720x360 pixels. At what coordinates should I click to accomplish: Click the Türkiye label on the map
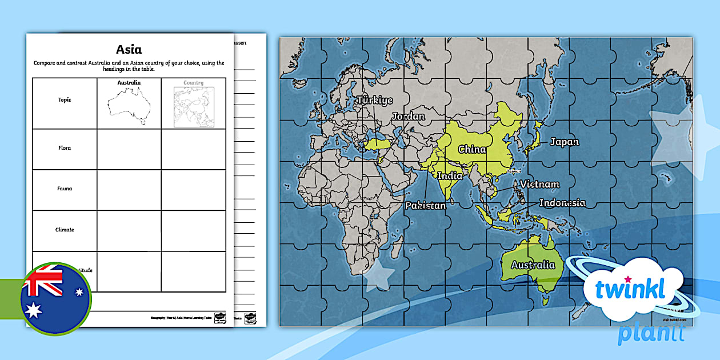pyautogui.click(x=375, y=101)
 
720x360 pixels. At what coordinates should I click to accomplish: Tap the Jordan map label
pyautogui.click(x=408, y=117)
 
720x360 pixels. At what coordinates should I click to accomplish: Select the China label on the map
pyautogui.click(x=472, y=150)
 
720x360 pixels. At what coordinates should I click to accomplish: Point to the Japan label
pyautogui.click(x=564, y=142)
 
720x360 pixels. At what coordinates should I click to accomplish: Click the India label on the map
pyautogui.click(x=450, y=176)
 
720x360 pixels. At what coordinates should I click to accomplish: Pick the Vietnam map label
pyautogui.click(x=539, y=185)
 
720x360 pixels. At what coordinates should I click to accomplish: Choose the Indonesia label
pyautogui.click(x=562, y=203)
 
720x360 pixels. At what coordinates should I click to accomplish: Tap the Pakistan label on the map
pyautogui.click(x=426, y=205)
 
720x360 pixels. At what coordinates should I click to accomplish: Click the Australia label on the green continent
pyautogui.click(x=533, y=265)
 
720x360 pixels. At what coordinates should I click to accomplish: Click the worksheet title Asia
pyautogui.click(x=129, y=49)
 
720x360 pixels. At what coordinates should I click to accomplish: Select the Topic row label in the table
pyautogui.click(x=65, y=100)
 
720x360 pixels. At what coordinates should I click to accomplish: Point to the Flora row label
pyautogui.click(x=65, y=148)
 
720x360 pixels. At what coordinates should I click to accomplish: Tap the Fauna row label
pyautogui.click(x=65, y=189)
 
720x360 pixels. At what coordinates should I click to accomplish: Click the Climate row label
pyautogui.click(x=65, y=230)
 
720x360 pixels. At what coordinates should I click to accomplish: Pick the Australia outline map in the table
pyautogui.click(x=129, y=107)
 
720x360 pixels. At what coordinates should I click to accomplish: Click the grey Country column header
pyautogui.click(x=193, y=83)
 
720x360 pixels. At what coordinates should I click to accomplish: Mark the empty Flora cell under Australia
pyautogui.click(x=129, y=149)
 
